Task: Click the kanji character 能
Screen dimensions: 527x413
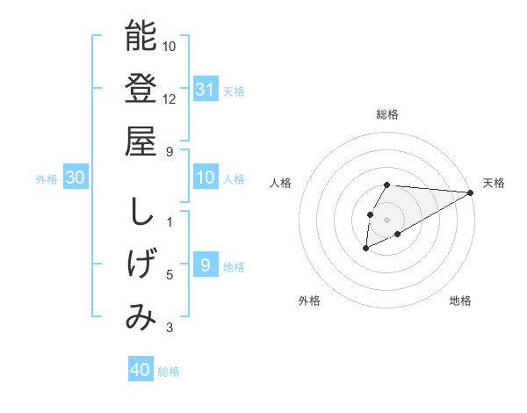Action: [x=141, y=36]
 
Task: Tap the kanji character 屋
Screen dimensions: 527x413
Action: [x=141, y=141]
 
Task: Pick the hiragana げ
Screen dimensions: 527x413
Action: [x=141, y=264]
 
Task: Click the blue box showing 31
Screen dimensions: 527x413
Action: [x=205, y=90]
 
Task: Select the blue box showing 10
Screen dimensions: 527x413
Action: [x=205, y=178]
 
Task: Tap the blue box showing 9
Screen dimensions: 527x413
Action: [x=205, y=265]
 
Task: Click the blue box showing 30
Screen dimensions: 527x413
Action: [x=76, y=178]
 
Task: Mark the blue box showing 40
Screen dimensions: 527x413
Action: [x=141, y=370]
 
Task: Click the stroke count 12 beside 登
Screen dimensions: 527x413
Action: [x=170, y=98]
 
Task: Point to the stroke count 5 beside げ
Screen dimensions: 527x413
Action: [x=170, y=276]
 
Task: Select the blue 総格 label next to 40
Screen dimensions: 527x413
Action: [x=170, y=372]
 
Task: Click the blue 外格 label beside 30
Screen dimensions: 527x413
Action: [x=47, y=179]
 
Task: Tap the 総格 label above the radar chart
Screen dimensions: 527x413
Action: [x=387, y=114]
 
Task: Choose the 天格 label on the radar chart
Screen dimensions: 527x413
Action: [x=495, y=183]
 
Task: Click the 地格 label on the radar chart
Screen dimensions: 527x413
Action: [x=460, y=301]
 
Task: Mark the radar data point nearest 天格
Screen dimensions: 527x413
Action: [x=471, y=192]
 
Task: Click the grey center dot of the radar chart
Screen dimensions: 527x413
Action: [x=387, y=219]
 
